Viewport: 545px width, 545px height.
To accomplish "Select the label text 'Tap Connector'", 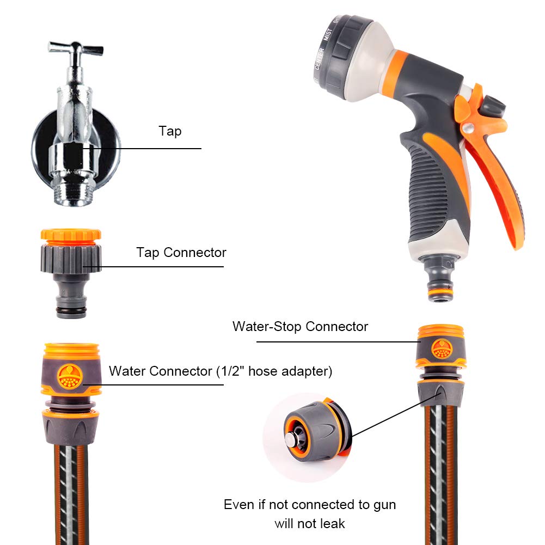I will tap(181, 253).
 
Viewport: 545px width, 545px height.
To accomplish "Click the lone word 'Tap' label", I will tap(170, 131).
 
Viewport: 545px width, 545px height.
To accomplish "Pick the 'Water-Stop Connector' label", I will tap(300, 327).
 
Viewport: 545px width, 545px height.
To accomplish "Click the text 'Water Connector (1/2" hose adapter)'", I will tap(221, 371).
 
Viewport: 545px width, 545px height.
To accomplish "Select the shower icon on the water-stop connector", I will tap(441, 349).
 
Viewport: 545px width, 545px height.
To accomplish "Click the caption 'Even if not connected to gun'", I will tap(310, 505).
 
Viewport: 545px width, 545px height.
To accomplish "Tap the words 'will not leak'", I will tap(310, 524).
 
